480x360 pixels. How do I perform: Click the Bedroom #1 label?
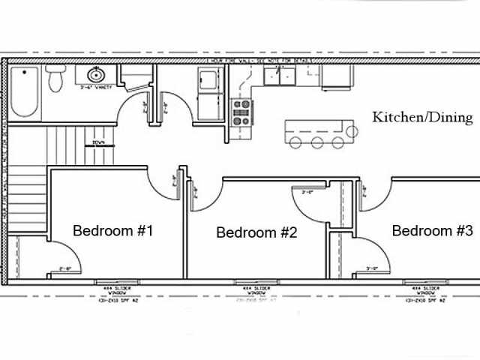coord(112,231)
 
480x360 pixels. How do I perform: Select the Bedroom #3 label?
coord(432,231)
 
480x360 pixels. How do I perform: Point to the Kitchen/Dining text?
coord(423,117)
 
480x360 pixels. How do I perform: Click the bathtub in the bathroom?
coord(23,93)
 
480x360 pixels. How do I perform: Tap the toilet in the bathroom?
coord(55,78)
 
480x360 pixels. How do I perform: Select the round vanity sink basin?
coord(95,75)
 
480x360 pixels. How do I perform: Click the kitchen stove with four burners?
coord(241,112)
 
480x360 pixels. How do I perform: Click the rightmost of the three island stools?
coord(338,142)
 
